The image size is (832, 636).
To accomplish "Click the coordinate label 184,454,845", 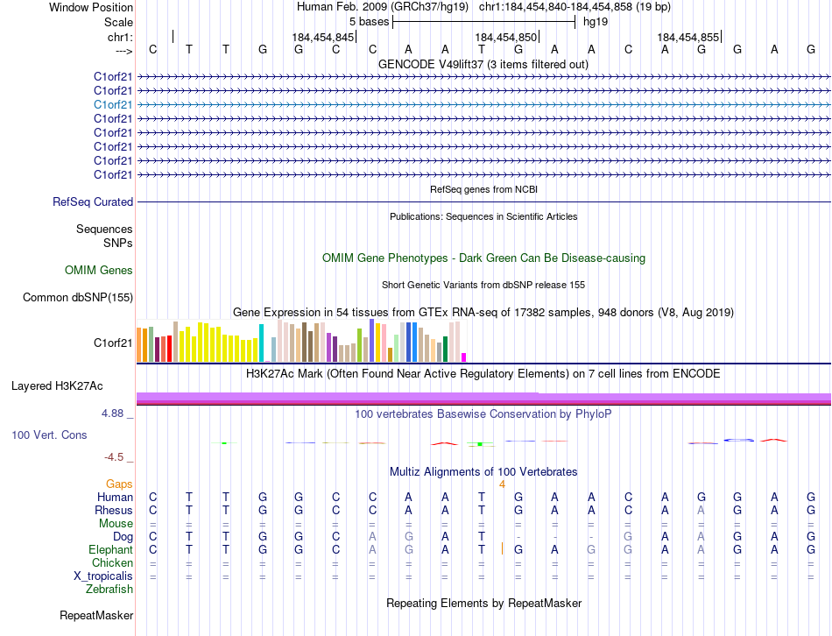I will (x=323, y=37).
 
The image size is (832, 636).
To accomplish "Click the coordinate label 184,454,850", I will (x=505, y=37).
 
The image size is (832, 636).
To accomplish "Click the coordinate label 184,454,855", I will (x=687, y=37).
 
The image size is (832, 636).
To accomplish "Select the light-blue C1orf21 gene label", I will (x=113, y=104).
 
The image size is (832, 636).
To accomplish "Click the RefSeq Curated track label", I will (x=93, y=201).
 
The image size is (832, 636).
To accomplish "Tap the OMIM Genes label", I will (x=99, y=271).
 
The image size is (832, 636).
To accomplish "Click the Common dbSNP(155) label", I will (x=78, y=298).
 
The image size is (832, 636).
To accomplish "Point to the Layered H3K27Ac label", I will (x=57, y=385).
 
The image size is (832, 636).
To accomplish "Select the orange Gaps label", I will (x=119, y=484).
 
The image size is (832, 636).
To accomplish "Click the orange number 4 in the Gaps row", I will (x=502, y=484).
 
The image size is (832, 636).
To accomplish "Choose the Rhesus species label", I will (x=115, y=510).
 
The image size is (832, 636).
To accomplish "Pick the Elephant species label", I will (x=111, y=549).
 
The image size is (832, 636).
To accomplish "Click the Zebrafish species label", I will (x=109, y=589).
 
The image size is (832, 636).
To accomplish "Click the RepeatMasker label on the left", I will (x=95, y=616).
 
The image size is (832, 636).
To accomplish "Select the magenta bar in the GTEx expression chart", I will (x=464, y=357).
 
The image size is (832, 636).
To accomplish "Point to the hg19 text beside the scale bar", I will (x=596, y=21).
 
